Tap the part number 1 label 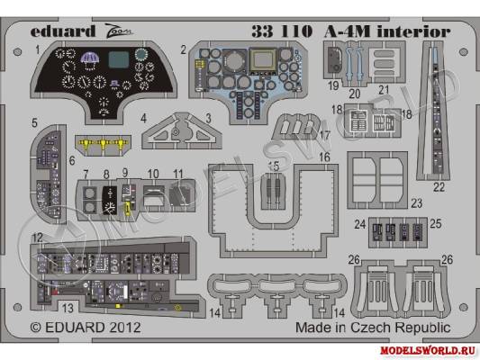[x=39, y=49]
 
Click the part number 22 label [x=439, y=188]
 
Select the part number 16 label [x=324, y=157]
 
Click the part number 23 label [x=416, y=203]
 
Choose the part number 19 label [x=333, y=86]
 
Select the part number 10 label [x=154, y=172]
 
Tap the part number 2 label [x=183, y=49]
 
